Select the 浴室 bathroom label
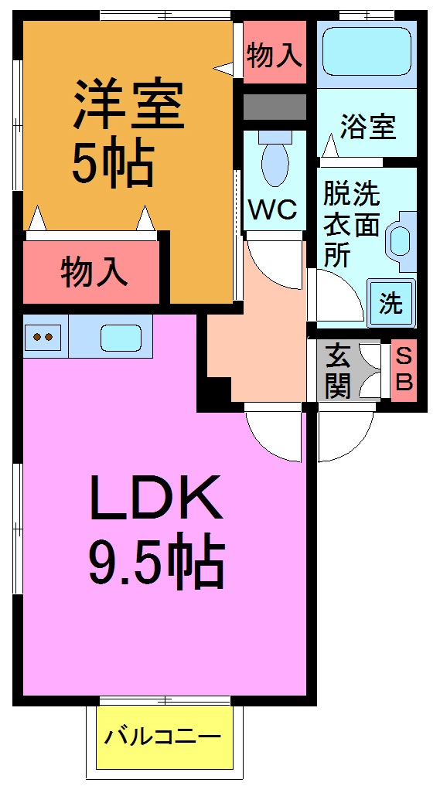[x=368, y=126]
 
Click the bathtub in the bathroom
[x=367, y=52]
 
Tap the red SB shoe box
[x=404, y=370]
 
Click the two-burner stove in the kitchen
[x=43, y=337]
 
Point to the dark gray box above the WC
[x=274, y=107]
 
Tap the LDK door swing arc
[x=272, y=437]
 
